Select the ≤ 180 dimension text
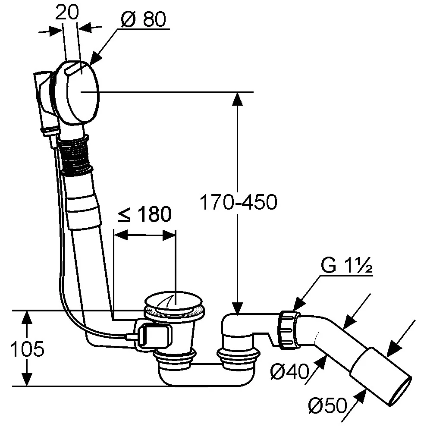pyautogui.click(x=144, y=214)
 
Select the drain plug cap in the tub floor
pyautogui.click(x=175, y=302)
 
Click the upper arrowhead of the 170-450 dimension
pyautogui.click(x=237, y=97)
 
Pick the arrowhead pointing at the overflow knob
pyautogui.click(x=95, y=60)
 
